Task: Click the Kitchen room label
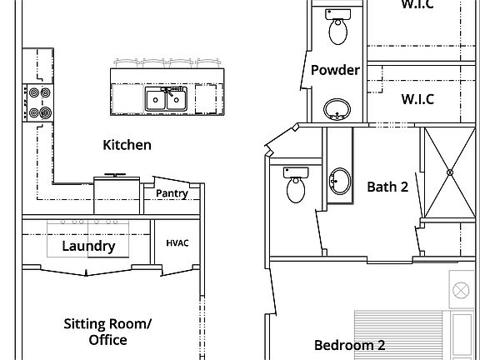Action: tap(127, 145)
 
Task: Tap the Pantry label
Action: tap(172, 194)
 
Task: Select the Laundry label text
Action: tap(88, 247)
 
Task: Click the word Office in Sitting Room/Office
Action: tap(108, 340)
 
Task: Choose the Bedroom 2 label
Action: tap(349, 345)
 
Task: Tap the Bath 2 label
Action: tap(387, 187)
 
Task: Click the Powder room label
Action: tap(335, 70)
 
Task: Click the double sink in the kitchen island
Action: tap(164, 98)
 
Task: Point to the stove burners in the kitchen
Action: tap(39, 102)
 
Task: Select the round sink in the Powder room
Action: tap(337, 108)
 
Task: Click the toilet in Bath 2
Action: tap(297, 187)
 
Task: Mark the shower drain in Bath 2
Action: tap(450, 172)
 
